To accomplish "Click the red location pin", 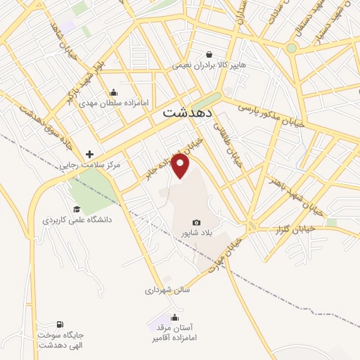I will point(181,165).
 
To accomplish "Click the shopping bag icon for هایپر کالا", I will point(209,54).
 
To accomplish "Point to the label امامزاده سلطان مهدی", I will point(114,103).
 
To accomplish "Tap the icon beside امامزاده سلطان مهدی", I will point(114,92).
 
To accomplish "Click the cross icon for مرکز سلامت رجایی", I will point(89,154).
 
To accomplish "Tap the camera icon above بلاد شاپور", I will point(196,221).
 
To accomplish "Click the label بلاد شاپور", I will point(195,232).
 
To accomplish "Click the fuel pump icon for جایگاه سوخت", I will point(59,324).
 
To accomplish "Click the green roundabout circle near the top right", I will point(291,48).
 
